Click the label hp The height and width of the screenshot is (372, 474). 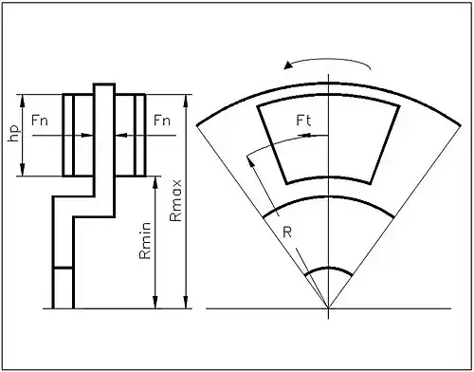point(15,134)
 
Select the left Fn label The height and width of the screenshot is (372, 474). point(40,121)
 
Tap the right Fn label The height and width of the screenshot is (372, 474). point(162,121)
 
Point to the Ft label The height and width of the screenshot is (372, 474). point(303,121)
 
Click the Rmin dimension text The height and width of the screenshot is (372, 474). point(145,241)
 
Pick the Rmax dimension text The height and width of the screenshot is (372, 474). point(175,200)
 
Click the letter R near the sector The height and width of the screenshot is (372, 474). point(287,232)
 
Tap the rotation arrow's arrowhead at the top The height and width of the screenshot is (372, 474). point(288,65)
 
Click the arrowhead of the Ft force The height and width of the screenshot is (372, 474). point(304,136)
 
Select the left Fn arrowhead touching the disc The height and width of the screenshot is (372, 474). point(87,136)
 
